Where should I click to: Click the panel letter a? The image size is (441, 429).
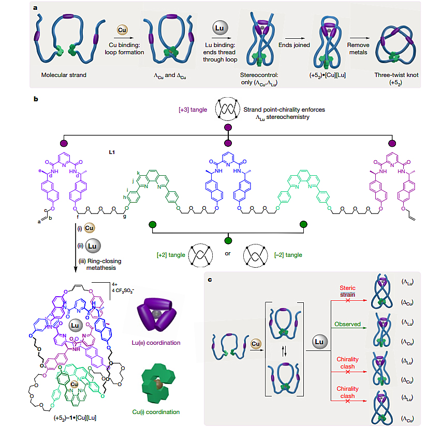coord(34,8)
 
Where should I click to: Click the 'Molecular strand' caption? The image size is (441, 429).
coord(64,75)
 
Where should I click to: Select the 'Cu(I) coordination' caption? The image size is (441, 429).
coord(156,412)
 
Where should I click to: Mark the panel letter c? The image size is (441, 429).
coord(209,280)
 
